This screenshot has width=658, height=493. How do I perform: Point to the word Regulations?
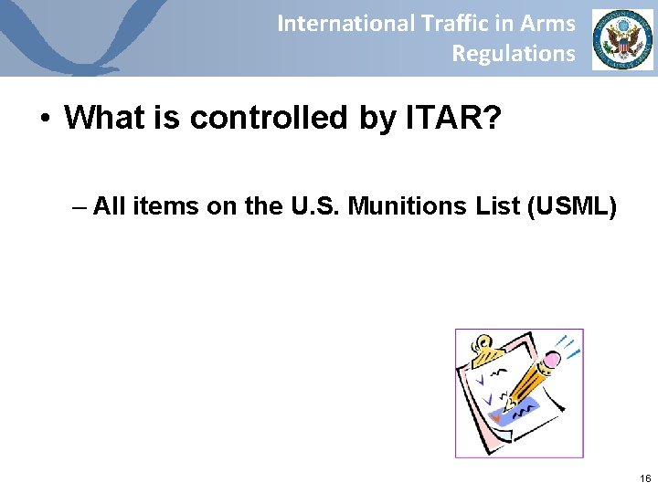point(514,54)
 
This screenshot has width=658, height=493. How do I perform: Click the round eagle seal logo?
point(622,39)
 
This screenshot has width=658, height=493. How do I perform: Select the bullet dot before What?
point(45,119)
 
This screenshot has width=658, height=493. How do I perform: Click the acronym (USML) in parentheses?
point(572,207)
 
